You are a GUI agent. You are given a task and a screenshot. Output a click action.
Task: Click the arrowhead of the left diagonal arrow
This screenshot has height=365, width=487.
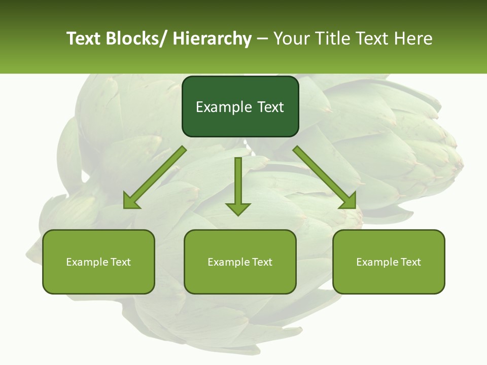coord(131,202)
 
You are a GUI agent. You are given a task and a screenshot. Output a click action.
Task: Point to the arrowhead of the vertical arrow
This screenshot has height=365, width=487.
coord(238,209)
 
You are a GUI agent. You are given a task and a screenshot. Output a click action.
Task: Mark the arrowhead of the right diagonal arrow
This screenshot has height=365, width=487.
coord(349,201)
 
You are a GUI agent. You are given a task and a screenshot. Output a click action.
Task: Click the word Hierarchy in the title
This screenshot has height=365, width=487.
coord(212,39)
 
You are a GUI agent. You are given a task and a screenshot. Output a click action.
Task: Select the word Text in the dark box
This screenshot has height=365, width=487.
coord(269,107)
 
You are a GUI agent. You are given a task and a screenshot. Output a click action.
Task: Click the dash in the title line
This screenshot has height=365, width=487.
coord(262,39)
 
